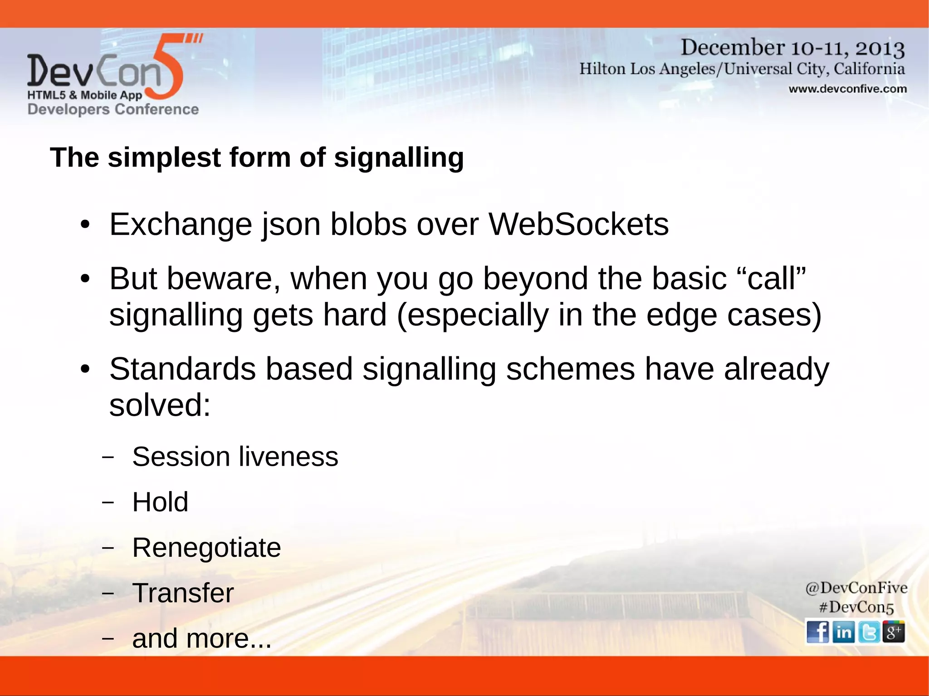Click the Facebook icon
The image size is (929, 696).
pyautogui.click(x=818, y=632)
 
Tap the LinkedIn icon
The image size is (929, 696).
pyautogui.click(x=843, y=632)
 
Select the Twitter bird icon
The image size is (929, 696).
pyautogui.click(x=869, y=632)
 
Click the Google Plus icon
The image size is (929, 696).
pyautogui.click(x=894, y=632)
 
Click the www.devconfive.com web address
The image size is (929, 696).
pyautogui.click(x=847, y=89)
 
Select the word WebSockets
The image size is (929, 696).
pyautogui.click(x=578, y=224)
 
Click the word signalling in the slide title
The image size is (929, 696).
pyautogui.click(x=399, y=158)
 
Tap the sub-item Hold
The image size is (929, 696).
pyautogui.click(x=160, y=502)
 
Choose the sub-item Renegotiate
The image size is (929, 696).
pyautogui.click(x=206, y=548)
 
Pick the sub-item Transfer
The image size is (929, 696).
pyautogui.click(x=183, y=593)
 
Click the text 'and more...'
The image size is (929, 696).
pyautogui.click(x=201, y=638)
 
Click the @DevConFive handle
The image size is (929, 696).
pyautogui.click(x=856, y=588)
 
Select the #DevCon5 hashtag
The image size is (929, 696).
pyautogui.click(x=856, y=607)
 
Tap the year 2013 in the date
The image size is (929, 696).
pyautogui.click(x=880, y=48)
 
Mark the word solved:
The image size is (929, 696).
pyautogui.click(x=160, y=405)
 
